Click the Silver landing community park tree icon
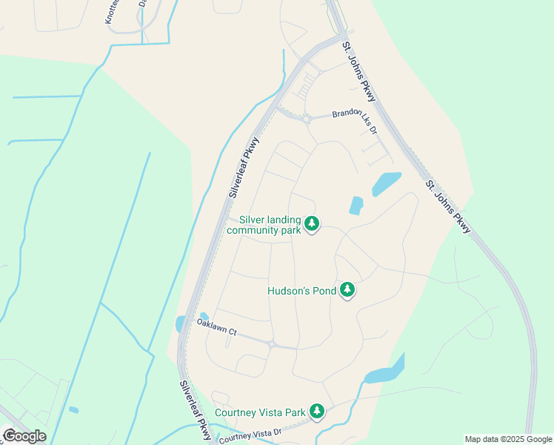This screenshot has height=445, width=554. pos(312,223)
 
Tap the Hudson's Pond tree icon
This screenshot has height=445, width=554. pos(347,291)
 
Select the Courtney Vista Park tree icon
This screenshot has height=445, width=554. pos(317,412)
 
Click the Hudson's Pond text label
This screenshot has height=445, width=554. pos(301,291)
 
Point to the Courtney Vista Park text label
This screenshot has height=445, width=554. pos(260,412)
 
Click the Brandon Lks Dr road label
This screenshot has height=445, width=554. pos(355,116)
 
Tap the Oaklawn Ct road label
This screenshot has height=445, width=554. pos(216,328)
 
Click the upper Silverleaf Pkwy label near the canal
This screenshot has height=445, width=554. pos(245,168)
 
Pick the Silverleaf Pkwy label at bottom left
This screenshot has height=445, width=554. pos(195,410)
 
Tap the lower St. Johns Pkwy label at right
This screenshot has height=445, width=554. pos(447,205)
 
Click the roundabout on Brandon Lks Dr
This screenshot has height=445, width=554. pos(306,118)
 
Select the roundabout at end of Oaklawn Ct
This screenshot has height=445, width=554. pos(272,344)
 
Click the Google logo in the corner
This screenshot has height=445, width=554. pos(24,436)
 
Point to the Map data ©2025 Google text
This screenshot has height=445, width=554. pos(508,439)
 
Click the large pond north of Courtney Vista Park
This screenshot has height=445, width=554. pos(385,372)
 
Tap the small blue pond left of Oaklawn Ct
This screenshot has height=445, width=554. pos(180,324)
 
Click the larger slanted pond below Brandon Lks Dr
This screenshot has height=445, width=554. pos(387,183)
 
